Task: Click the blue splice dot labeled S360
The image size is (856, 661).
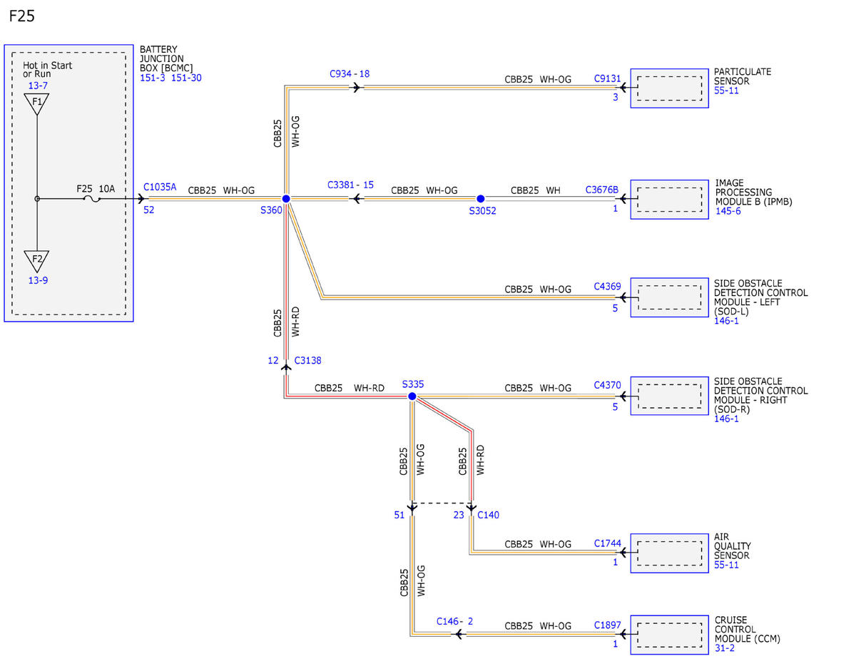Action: (286, 198)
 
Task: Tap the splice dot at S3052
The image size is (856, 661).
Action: (480, 198)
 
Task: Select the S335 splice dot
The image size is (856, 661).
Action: (412, 396)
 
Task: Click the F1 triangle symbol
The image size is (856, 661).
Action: (36, 104)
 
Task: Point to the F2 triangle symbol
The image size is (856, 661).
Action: (36, 261)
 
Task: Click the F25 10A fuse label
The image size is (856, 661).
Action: (96, 189)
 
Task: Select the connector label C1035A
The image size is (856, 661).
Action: (160, 187)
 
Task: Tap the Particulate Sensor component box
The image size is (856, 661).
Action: (669, 88)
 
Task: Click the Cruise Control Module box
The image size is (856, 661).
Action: (669, 635)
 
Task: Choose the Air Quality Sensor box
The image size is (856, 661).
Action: (669, 553)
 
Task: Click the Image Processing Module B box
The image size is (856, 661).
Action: (669, 199)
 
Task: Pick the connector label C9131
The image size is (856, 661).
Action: (607, 78)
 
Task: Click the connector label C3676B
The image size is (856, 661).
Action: (601, 190)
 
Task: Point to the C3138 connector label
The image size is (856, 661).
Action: (307, 360)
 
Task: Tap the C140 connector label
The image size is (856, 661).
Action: (488, 515)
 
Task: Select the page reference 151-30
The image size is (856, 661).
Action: (186, 78)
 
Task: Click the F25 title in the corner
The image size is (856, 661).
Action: (22, 16)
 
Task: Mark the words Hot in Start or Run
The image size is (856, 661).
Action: (47, 69)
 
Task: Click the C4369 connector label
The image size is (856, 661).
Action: (607, 286)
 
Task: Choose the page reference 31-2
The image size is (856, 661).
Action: (725, 648)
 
